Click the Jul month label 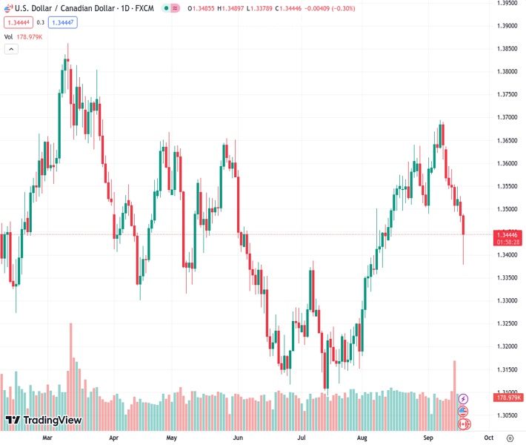pos(301,438)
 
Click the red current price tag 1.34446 pos(507,234)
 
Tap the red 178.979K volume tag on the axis pos(507,398)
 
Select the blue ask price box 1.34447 pos(62,22)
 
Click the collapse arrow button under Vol pos(11,49)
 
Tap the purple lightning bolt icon pos(464,399)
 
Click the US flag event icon pos(464,412)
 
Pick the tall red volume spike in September pos(455,382)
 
